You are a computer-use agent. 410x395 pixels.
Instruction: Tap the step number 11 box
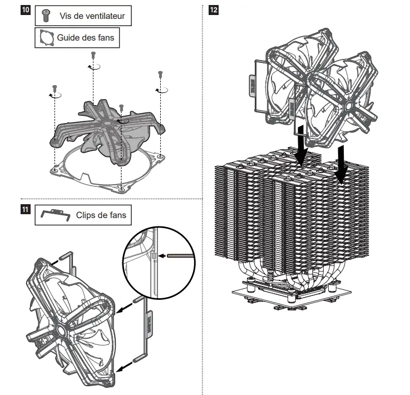pos(24,210)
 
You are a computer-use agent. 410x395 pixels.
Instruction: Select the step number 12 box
pos(213,10)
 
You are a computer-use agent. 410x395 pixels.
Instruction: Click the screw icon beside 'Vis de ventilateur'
pos(46,15)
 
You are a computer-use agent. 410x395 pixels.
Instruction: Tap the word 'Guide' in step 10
pos(68,38)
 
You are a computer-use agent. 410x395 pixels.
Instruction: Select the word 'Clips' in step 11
pos(87,215)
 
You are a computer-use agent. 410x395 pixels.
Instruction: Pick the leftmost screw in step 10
pos(55,87)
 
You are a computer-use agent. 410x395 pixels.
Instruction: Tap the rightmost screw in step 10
pos(160,73)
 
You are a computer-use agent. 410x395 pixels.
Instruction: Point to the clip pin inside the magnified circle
pos(179,256)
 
